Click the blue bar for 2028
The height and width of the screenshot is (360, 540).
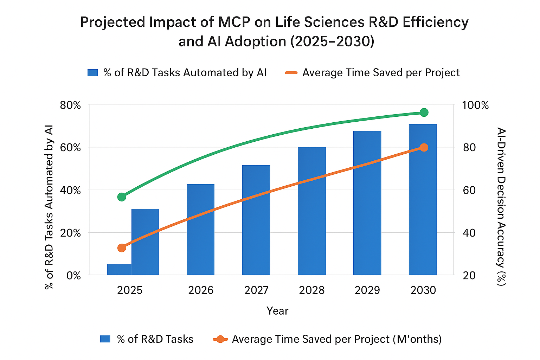311,211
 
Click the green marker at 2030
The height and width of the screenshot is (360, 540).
424,112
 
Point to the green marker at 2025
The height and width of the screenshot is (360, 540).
122,197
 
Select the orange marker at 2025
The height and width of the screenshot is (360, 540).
122,248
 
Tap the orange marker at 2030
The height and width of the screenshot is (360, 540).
424,147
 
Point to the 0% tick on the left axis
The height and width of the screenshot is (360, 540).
73,275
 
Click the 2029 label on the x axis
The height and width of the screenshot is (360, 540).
367,290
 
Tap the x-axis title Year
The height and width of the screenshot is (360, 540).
277,311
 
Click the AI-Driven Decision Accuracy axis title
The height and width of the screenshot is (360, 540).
501,206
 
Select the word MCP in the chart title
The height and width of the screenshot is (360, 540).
234,22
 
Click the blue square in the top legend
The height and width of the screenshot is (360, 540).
92,73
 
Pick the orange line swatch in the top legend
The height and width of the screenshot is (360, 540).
291,73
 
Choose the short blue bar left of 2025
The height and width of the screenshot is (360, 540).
119,269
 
